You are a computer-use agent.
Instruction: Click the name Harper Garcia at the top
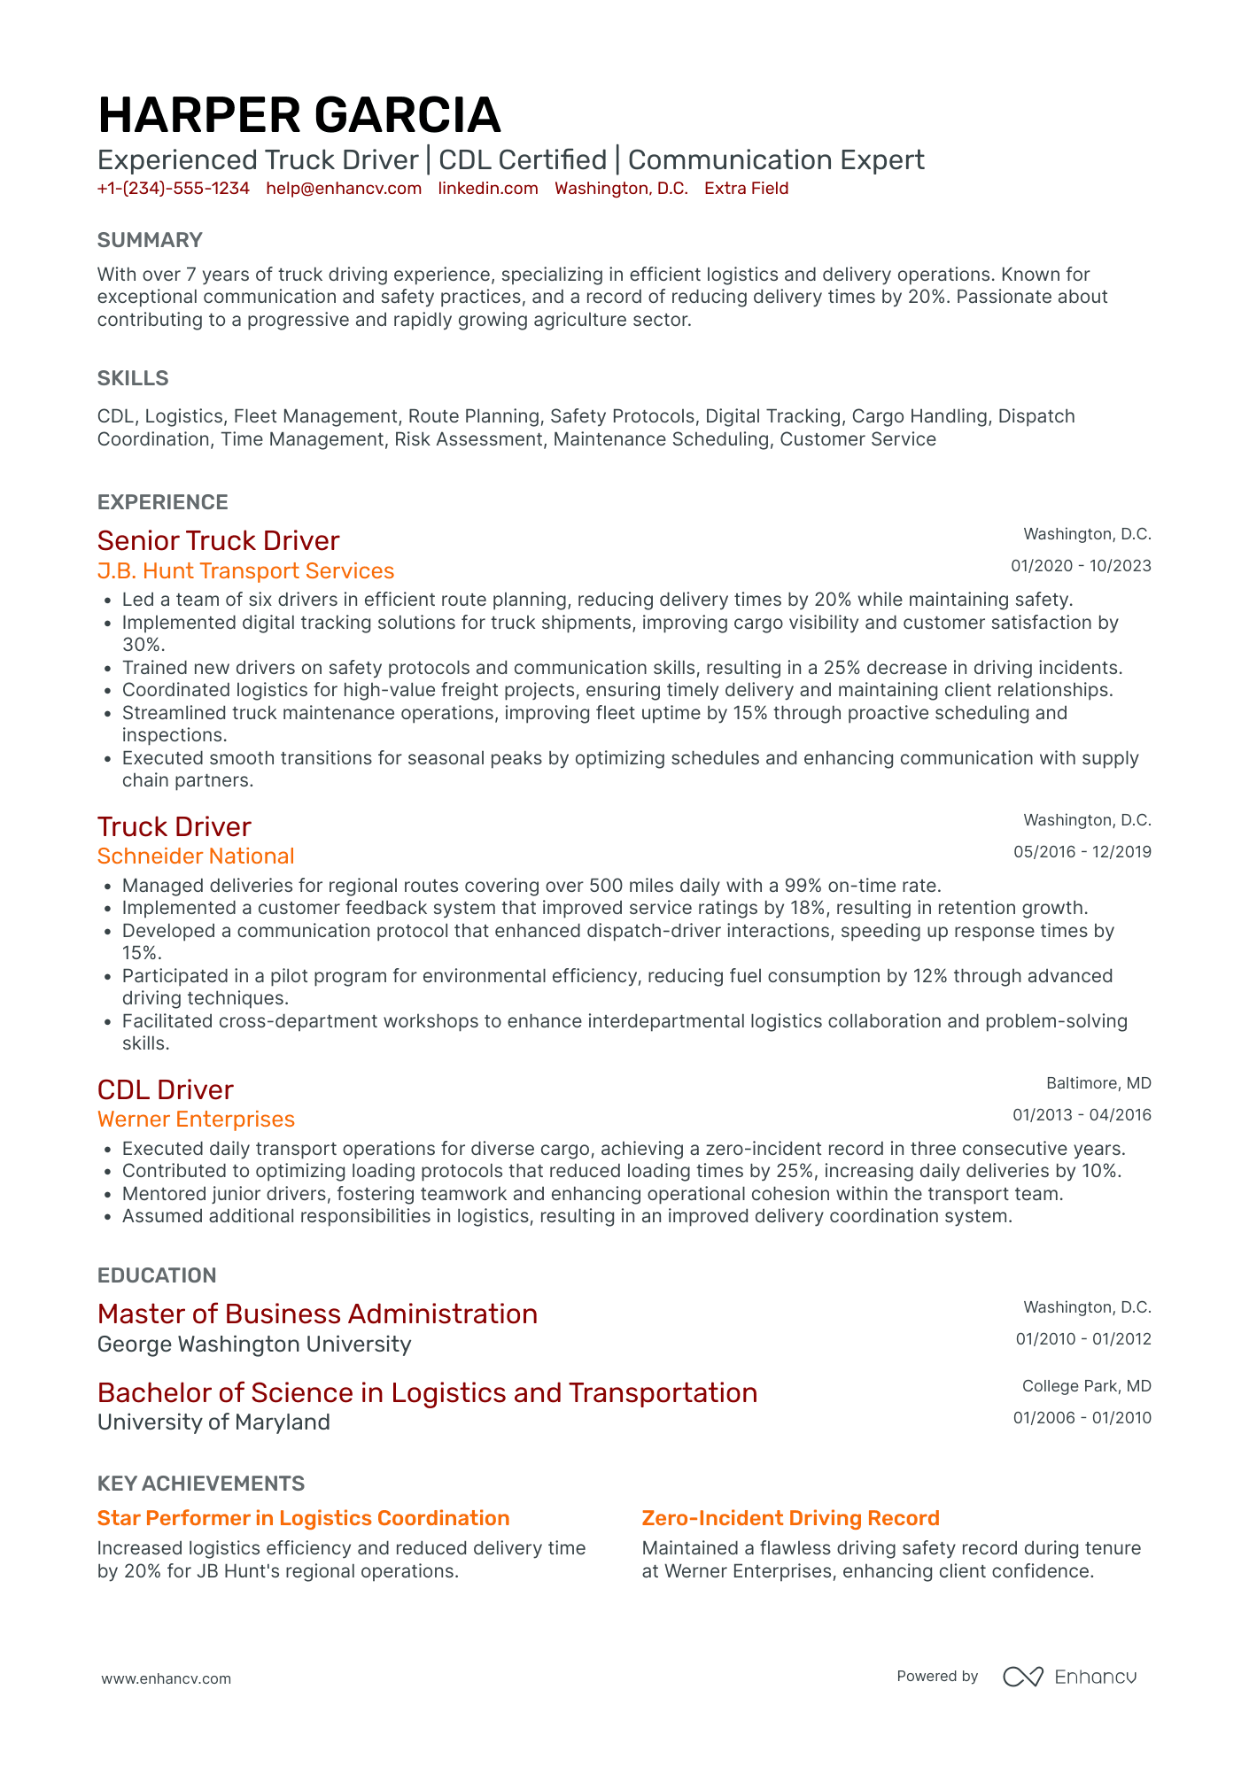299,115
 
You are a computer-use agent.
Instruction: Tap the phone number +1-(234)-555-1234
174,189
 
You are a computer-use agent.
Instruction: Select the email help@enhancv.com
344,189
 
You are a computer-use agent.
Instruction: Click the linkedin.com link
488,189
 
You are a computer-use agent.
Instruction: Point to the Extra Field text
746,189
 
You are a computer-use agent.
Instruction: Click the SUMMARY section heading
150,240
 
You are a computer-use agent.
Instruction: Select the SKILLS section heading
133,378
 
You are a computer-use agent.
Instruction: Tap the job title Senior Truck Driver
218,540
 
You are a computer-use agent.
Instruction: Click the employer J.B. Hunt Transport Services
245,571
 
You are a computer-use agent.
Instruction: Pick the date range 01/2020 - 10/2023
1081,566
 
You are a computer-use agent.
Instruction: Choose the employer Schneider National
196,856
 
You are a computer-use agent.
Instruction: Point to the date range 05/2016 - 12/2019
1082,852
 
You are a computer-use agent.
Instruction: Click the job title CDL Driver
166,1089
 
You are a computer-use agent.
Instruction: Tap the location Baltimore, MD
1098,1083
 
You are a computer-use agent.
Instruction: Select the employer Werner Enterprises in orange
196,1120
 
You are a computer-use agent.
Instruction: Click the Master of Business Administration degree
317,1314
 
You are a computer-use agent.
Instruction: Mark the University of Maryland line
213,1422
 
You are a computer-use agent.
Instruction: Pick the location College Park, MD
1086,1386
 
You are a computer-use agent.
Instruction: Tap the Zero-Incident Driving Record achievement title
790,1518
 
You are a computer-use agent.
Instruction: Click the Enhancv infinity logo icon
1022,1677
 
